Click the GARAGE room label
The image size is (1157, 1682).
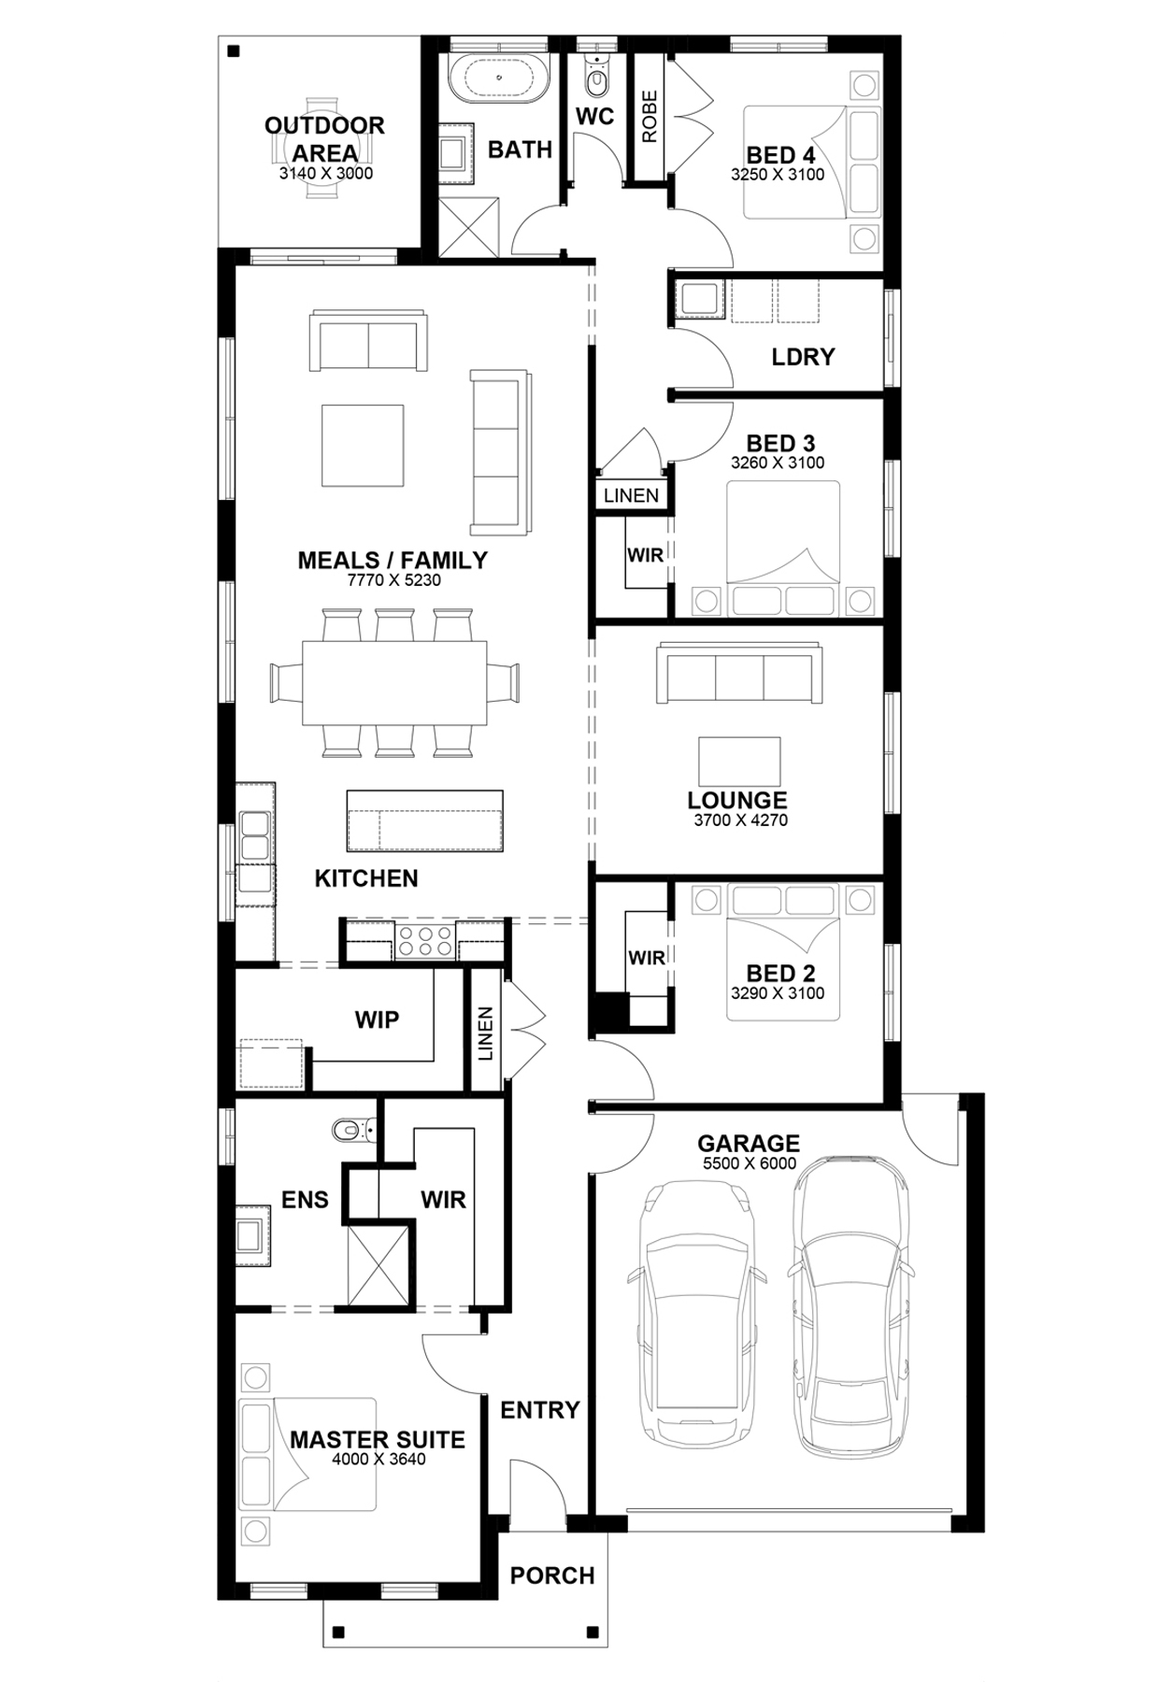click(x=748, y=1143)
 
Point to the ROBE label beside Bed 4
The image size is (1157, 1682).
click(x=649, y=117)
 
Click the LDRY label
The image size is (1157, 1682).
click(x=803, y=356)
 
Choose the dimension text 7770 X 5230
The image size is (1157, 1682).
click(x=393, y=580)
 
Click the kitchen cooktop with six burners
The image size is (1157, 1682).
click(x=425, y=940)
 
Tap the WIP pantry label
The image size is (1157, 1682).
click(x=377, y=1019)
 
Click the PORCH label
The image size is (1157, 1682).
click(x=552, y=1575)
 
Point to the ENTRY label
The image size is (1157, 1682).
click(x=540, y=1409)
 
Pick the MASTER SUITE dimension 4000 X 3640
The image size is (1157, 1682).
click(x=378, y=1460)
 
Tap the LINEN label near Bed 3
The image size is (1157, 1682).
click(x=631, y=496)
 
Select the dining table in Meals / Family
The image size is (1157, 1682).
click(x=393, y=682)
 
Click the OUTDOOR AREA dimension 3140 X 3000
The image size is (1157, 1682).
click(x=325, y=173)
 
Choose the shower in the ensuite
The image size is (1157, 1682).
click(x=378, y=1263)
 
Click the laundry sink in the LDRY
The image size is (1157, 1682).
click(x=698, y=299)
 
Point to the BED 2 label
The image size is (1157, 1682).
click(x=780, y=973)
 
